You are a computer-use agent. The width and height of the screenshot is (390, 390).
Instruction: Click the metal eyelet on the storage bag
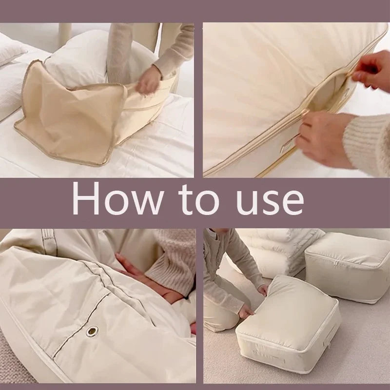[92, 331]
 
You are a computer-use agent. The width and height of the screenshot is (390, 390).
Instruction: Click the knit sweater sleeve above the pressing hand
[171, 263]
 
